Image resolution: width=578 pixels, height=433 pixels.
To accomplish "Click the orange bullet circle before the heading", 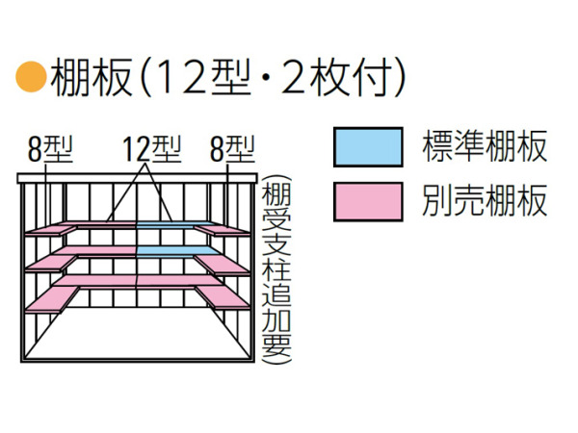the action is pyautogui.click(x=31, y=76).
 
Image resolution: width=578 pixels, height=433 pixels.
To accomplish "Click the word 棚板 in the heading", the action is pyautogui.click(x=92, y=77).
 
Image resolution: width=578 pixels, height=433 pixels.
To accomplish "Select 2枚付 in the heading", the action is pyautogui.click(x=335, y=77).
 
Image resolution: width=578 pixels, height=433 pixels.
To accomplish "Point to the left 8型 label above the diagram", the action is pyautogui.click(x=50, y=149).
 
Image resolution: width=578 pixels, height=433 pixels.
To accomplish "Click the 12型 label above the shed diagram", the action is pyautogui.click(x=152, y=149).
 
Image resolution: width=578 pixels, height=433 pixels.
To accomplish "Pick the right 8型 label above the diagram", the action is pyautogui.click(x=232, y=149).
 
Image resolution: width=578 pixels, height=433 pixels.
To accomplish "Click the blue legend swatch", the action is pyautogui.click(x=368, y=147).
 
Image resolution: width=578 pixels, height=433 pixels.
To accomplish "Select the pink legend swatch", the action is pyautogui.click(x=368, y=201).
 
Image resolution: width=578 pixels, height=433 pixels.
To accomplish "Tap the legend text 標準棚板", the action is pyautogui.click(x=485, y=146).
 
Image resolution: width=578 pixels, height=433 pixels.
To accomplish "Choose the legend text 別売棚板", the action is pyautogui.click(x=485, y=201).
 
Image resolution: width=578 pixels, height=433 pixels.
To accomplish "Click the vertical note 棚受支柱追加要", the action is pyautogui.click(x=276, y=269).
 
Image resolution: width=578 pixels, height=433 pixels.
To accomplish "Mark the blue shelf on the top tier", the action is pyautogui.click(x=174, y=225).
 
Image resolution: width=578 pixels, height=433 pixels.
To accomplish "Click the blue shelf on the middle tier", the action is pyautogui.click(x=177, y=251).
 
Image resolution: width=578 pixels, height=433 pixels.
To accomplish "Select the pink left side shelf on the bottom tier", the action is pyautogui.click(x=52, y=299).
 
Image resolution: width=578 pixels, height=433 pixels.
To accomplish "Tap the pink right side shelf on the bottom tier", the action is pyautogui.click(x=223, y=297).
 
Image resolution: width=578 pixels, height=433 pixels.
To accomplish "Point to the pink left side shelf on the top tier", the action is pyautogui.click(x=50, y=231).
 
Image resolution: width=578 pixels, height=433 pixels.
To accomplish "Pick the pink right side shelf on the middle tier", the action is pyautogui.click(x=222, y=265).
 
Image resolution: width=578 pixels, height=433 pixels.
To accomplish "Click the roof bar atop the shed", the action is pyautogui.click(x=137, y=178).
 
